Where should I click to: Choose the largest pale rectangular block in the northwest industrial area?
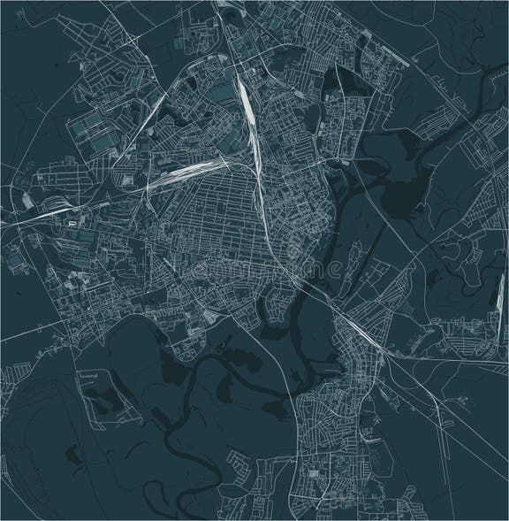pyautogui.click(x=96, y=138)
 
